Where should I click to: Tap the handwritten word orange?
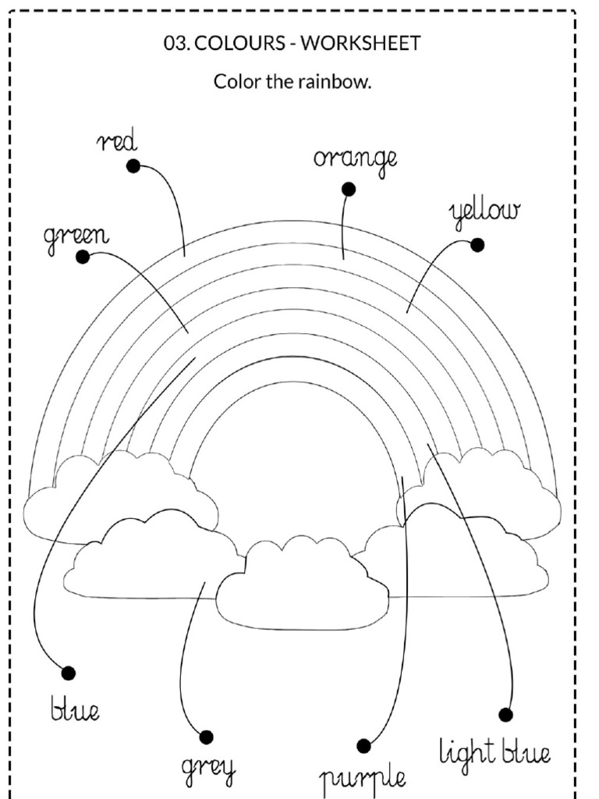[355, 161]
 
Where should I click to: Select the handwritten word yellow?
[485, 213]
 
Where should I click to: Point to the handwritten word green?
[76, 237]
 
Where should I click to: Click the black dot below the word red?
[133, 166]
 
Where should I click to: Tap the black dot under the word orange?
[349, 190]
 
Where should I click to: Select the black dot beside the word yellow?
[477, 245]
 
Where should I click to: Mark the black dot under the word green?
[83, 257]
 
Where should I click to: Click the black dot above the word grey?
[206, 737]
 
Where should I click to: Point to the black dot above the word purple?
[363, 746]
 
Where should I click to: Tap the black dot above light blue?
[505, 715]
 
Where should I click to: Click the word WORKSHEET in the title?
[360, 44]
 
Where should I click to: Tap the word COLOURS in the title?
[239, 44]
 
